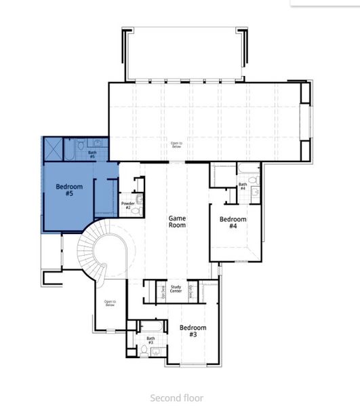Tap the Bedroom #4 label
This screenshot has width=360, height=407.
click(x=233, y=222)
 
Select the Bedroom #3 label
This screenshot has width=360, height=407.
click(x=193, y=330)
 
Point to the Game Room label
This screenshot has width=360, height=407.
click(x=177, y=222)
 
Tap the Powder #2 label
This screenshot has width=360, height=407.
click(x=127, y=205)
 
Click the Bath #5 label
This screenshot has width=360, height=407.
click(x=92, y=154)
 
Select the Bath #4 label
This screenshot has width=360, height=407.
click(x=242, y=186)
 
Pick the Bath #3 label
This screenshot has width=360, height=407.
click(x=151, y=340)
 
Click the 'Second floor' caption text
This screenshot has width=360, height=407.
click(x=176, y=398)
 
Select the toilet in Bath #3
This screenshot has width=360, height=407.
click(x=155, y=351)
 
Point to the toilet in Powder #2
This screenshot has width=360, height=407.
click(x=139, y=199)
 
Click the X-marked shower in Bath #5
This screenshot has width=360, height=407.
click(x=53, y=148)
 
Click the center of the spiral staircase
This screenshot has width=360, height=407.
click(x=104, y=254)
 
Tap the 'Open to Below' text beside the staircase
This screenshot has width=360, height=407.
click(x=110, y=303)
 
